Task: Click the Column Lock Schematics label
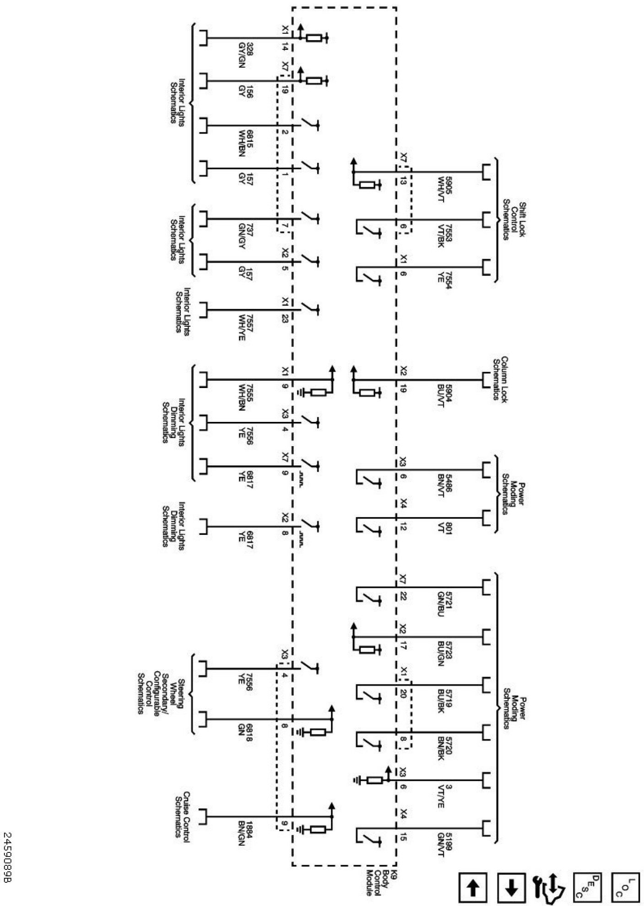(500, 379)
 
